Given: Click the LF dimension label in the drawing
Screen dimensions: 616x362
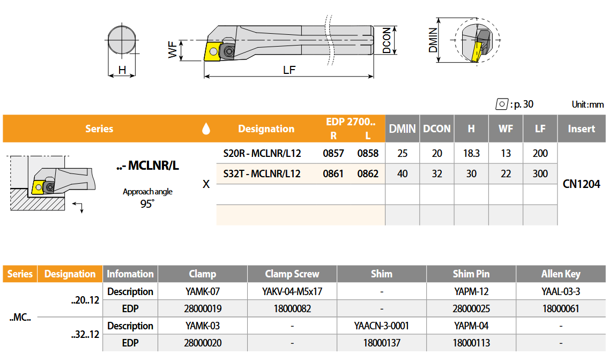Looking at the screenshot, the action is (x=289, y=70).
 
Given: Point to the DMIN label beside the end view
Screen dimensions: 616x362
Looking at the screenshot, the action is (x=433, y=40).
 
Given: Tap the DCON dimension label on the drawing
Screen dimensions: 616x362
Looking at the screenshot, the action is (x=387, y=40).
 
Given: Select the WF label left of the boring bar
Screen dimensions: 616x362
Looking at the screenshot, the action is (x=173, y=50).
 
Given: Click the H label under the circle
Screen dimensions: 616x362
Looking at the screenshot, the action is (x=122, y=70).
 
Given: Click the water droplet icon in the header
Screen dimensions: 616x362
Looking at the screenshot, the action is (x=206, y=129).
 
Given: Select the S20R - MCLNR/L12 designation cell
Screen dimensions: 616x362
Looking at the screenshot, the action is (x=262, y=153).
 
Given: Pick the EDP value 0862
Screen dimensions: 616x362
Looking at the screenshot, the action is (x=368, y=174).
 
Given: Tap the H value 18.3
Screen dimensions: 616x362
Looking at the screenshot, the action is (x=471, y=153).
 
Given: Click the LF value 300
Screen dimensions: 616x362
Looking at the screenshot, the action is (x=540, y=174).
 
